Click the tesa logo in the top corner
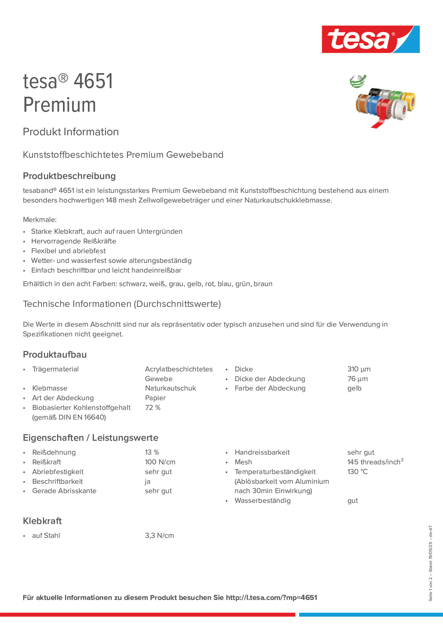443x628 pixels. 370,39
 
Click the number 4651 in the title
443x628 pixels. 93,81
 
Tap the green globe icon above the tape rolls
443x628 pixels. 358,81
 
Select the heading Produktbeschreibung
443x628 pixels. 69,176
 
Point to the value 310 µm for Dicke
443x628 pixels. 359,369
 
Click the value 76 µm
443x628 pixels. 358,379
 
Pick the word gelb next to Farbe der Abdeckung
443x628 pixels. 354,388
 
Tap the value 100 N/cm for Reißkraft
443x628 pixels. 160,462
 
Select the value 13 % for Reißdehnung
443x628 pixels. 152,452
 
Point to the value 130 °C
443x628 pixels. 358,472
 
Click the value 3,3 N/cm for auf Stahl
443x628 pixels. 159,536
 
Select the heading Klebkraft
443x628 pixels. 42,521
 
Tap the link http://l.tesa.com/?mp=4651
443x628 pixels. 271,598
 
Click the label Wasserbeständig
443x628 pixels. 262,501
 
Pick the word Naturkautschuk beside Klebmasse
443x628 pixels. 170,388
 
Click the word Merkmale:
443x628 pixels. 40,220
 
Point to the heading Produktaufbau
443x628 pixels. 55,355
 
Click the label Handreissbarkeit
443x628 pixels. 262,452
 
